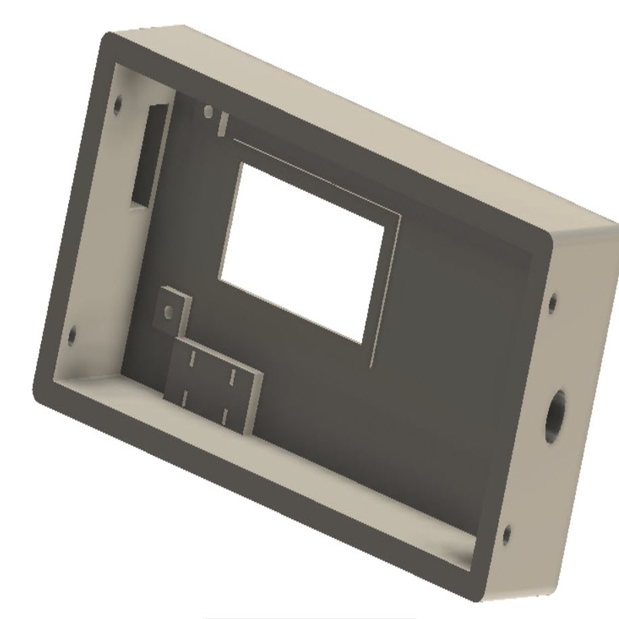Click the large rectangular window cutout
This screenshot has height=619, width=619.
click(x=302, y=251)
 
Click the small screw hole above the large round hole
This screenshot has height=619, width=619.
click(x=552, y=302)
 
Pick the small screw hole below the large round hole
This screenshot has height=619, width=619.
click(x=507, y=534)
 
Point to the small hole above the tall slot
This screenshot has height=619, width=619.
click(x=117, y=104)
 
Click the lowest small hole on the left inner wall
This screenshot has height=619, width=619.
click(x=71, y=336)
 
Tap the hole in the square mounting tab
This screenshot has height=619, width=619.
click(x=169, y=312)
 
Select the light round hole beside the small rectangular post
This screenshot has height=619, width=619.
click(x=208, y=111)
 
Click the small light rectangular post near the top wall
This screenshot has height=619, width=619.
click(x=222, y=123)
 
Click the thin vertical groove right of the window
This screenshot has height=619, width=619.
click(x=384, y=290)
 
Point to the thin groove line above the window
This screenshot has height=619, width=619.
click(x=314, y=175)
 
